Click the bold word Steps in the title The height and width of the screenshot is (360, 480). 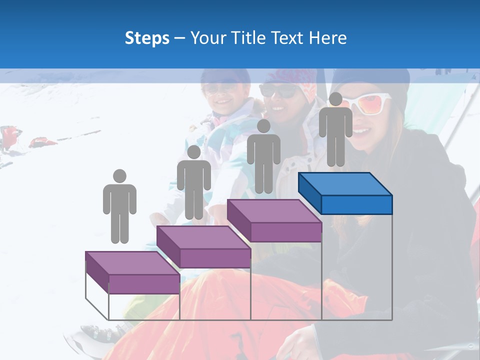pyautogui.click(x=147, y=38)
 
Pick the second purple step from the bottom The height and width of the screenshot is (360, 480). pyautogui.click(x=203, y=247)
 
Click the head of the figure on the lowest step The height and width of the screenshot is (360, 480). pyautogui.click(x=119, y=176)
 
